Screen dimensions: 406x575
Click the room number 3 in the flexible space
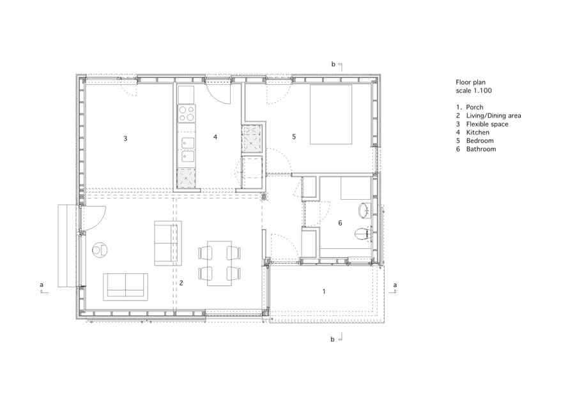(x=126, y=138)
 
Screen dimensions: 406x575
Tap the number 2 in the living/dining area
(x=181, y=282)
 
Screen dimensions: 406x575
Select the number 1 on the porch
(x=324, y=291)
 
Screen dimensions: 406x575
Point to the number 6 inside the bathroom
(x=340, y=223)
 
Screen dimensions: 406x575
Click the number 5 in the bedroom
(x=294, y=136)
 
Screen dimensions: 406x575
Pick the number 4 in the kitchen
(x=215, y=137)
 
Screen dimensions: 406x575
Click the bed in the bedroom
(x=331, y=115)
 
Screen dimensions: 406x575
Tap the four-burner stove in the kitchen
(x=187, y=114)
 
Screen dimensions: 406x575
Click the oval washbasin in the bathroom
(x=364, y=210)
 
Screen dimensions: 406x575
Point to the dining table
(x=219, y=263)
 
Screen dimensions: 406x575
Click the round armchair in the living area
(x=100, y=248)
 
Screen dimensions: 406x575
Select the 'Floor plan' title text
(x=470, y=82)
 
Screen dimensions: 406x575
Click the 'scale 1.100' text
(x=473, y=91)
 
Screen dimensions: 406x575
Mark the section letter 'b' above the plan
(x=333, y=64)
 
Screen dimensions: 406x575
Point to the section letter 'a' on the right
(x=395, y=284)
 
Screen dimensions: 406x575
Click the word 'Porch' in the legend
(x=475, y=107)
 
